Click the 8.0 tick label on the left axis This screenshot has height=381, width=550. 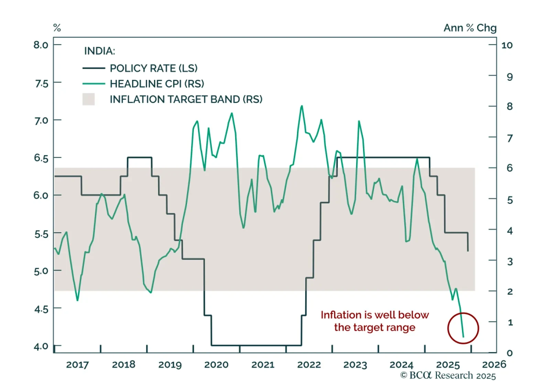41,45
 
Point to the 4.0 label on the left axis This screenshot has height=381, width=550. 41,346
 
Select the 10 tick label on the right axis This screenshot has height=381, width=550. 507,45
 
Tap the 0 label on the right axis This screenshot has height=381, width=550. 510,353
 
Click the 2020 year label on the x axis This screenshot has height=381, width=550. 216,364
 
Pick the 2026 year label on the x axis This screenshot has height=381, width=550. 494,364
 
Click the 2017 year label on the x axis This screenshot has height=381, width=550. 77,364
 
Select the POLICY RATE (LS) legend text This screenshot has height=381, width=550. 154,68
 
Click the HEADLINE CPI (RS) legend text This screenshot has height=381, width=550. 157,84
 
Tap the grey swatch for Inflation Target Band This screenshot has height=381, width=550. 88,99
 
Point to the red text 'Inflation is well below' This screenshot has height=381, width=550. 375,315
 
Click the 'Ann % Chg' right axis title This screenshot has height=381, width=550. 470,28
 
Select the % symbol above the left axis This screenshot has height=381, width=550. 57,28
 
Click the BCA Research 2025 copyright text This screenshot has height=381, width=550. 448,375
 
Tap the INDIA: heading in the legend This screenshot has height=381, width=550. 100,51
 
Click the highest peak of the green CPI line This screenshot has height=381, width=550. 302,106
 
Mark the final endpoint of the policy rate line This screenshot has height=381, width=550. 468,251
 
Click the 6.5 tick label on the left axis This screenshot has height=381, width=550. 41,158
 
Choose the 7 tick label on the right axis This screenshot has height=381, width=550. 510,138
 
